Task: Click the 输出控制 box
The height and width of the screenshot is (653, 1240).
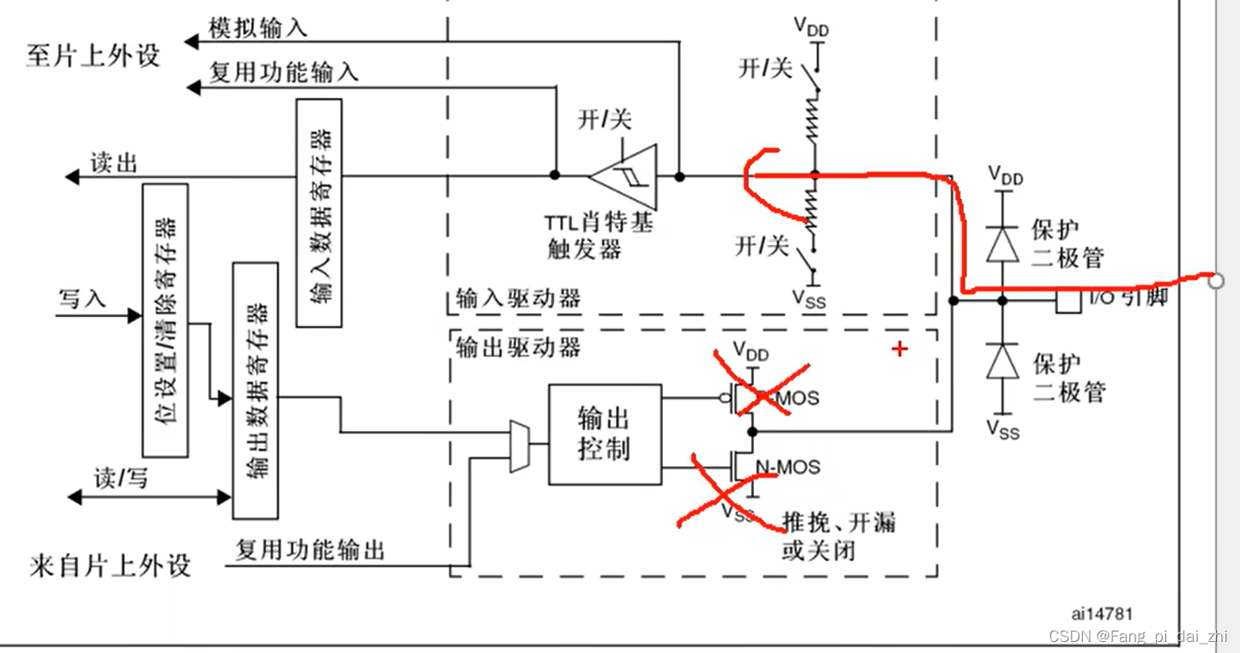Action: (x=604, y=434)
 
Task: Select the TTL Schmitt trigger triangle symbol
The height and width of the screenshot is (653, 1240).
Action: (x=625, y=176)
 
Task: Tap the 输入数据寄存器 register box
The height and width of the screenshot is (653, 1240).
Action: (x=319, y=213)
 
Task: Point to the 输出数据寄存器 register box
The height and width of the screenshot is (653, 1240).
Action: (x=255, y=390)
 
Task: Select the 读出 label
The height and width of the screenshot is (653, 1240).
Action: (x=114, y=162)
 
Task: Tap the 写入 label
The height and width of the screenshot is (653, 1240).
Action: (x=82, y=298)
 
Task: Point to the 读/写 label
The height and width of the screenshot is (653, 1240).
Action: (x=122, y=479)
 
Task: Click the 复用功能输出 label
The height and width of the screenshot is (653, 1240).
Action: (x=310, y=550)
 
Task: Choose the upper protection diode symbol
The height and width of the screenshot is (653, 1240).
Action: (x=1003, y=245)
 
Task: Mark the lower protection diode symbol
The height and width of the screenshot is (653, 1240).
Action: (x=1003, y=361)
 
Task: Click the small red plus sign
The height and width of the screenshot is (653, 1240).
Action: (x=900, y=349)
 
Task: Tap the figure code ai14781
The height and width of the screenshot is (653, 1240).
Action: (x=1102, y=613)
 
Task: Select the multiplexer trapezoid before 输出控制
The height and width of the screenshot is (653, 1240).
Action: (x=518, y=446)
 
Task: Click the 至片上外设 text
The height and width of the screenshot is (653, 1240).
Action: (x=93, y=56)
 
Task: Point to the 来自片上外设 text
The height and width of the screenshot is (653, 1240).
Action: (x=110, y=566)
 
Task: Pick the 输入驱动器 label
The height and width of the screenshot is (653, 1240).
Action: (x=518, y=298)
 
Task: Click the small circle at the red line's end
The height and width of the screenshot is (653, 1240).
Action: (x=1216, y=281)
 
